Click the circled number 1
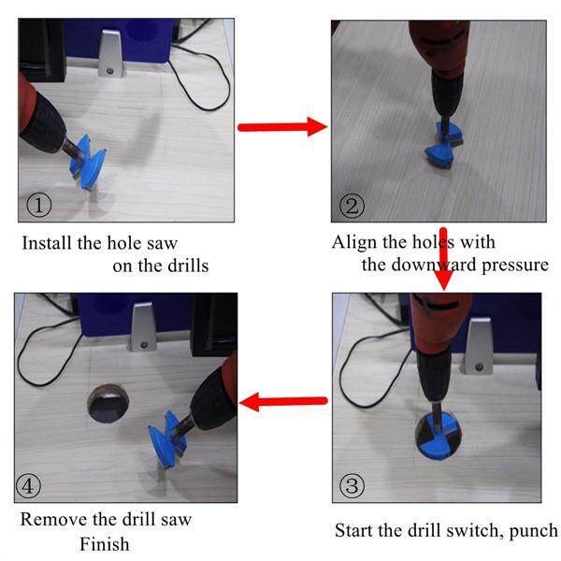pos(39,205)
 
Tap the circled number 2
pos(352,206)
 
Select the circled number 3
pos(352,485)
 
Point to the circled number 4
pos(29,485)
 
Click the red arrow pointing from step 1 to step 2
pos(282,126)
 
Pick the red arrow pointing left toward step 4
pos(283,402)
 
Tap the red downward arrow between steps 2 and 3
pos(443,259)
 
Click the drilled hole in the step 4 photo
pos(108,403)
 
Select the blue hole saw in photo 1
pos(87,162)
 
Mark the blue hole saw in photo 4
pos(166,439)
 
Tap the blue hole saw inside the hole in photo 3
pos(438,436)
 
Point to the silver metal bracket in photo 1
pos(110,53)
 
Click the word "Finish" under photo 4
pos(104,544)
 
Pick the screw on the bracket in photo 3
pos(479,367)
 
